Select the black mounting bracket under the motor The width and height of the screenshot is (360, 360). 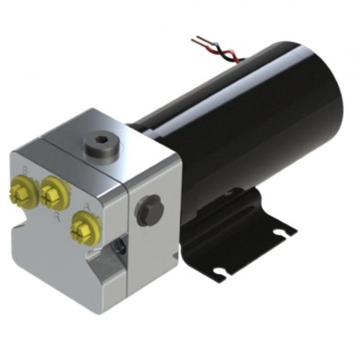pos(244,240)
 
